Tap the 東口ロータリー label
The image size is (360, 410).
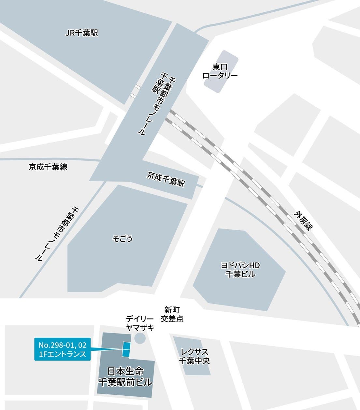point(220,71)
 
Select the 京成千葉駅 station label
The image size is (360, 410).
point(166,179)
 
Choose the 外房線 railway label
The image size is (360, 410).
point(303,221)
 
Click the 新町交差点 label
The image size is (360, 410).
point(172,314)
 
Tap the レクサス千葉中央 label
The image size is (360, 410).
point(194,356)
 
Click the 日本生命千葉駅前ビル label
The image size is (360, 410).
point(125,376)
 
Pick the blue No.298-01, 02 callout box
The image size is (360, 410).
point(62,349)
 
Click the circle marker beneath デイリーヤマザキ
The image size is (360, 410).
point(140,338)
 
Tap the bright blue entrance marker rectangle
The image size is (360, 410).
point(126,349)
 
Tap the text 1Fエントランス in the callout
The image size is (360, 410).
point(62,354)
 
